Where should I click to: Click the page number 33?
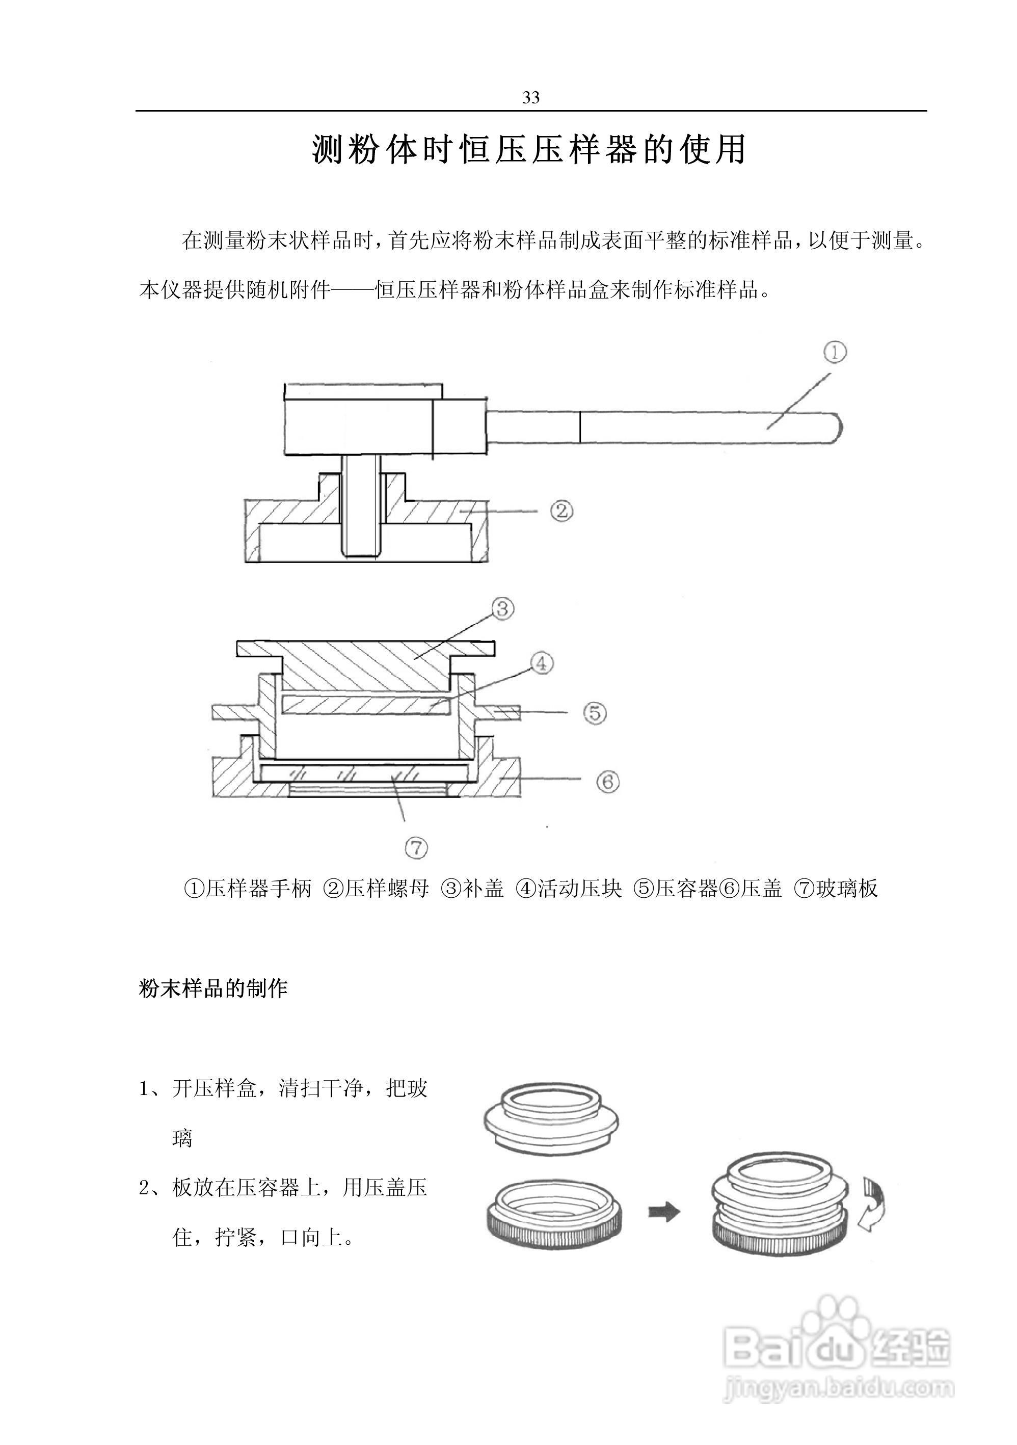pyautogui.click(x=530, y=97)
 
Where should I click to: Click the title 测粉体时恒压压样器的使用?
pyautogui.click(x=529, y=150)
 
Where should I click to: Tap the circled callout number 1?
pyautogui.click(x=835, y=353)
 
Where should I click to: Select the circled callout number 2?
pyautogui.click(x=561, y=511)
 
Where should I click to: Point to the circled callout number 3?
pyautogui.click(x=503, y=608)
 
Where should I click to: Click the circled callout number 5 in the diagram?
pyautogui.click(x=595, y=712)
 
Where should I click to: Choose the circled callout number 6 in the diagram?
pyautogui.click(x=608, y=782)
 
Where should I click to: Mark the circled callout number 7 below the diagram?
pyautogui.click(x=416, y=848)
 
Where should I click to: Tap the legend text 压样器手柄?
pyautogui.click(x=259, y=889)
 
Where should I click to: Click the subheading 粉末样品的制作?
pyautogui.click(x=213, y=988)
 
